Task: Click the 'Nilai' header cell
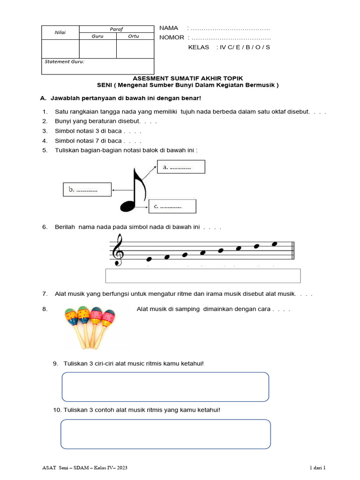click(60, 32)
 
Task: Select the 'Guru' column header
click(97, 36)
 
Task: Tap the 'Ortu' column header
click(135, 36)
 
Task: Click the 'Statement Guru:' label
click(64, 61)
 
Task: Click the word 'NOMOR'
click(172, 37)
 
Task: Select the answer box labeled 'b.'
click(87, 190)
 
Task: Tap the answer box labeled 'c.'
click(172, 206)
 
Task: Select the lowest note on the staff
click(150, 259)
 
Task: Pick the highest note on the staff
click(275, 243)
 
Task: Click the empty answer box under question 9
click(165, 387)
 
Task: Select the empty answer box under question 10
click(165, 434)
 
